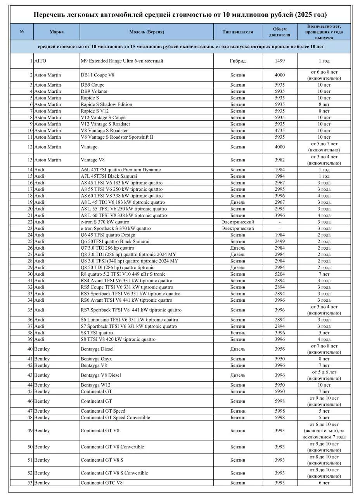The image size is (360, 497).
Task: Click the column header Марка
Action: (x=57, y=32)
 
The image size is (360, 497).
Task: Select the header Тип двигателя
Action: (x=237, y=32)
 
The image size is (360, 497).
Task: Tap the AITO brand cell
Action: (x=40, y=61)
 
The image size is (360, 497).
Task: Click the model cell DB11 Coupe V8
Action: (x=97, y=75)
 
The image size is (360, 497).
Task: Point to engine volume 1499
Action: (x=279, y=61)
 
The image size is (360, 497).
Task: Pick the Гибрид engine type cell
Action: (x=237, y=61)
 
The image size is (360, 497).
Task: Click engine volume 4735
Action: (x=279, y=130)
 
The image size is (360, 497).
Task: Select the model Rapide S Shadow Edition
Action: (x=106, y=104)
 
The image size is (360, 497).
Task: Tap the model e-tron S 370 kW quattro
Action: (x=105, y=222)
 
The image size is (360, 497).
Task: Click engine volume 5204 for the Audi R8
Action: (x=279, y=274)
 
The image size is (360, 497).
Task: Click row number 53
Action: (x=30, y=483)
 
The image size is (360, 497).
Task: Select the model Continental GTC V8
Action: (x=101, y=483)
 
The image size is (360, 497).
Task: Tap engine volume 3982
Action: (x=279, y=160)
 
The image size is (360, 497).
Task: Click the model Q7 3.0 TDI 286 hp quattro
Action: (x=107, y=248)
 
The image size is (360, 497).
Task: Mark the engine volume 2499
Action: (x=279, y=242)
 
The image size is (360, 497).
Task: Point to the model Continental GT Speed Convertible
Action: (x=115, y=418)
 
